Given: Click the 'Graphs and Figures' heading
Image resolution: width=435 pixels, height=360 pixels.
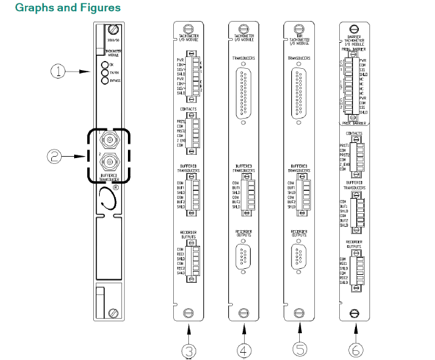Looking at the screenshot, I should tap(58, 8).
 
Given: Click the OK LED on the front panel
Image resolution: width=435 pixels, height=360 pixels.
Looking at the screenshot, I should tap(104, 65).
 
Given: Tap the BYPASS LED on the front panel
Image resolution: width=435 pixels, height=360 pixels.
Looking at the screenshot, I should tap(104, 81).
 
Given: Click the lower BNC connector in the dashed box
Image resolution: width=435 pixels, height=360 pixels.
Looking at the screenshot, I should tap(106, 161).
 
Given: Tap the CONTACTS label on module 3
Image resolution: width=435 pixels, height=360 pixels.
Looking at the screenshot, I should tap(188, 109).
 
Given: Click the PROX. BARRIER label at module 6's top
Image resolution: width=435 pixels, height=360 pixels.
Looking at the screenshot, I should tap(354, 48).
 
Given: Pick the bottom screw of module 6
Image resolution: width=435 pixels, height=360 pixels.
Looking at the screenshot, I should tap(355, 312).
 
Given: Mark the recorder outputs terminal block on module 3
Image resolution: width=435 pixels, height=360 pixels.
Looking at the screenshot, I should tap(190, 262).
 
